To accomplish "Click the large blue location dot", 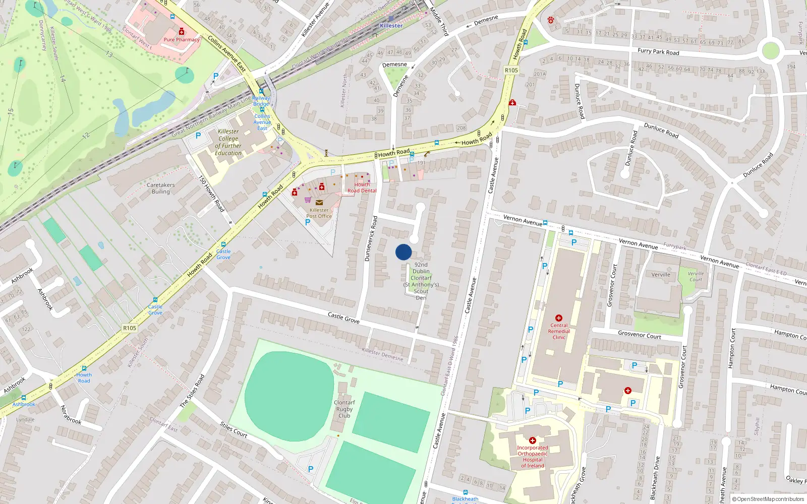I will [403, 252].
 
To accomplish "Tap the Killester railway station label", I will [391, 26].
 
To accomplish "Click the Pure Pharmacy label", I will [182, 39].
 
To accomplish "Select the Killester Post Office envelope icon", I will [319, 203].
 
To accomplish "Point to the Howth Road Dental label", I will [362, 188].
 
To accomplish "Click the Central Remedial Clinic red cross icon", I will [558, 318].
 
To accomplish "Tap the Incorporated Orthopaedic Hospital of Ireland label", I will [532, 457].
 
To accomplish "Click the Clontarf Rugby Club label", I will [344, 409].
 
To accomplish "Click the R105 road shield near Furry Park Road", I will [511, 70].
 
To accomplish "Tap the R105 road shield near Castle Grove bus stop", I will [130, 328].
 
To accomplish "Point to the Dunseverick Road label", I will [371, 238].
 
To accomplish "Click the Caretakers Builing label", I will [160, 188].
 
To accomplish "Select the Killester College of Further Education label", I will [228, 142].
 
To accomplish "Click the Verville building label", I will [661, 275].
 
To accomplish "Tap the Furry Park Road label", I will [658, 51].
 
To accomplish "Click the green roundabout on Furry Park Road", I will [771, 50].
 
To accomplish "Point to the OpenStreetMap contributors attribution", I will [769, 499].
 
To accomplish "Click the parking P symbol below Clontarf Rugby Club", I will [311, 469].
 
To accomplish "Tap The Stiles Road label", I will [192, 391].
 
